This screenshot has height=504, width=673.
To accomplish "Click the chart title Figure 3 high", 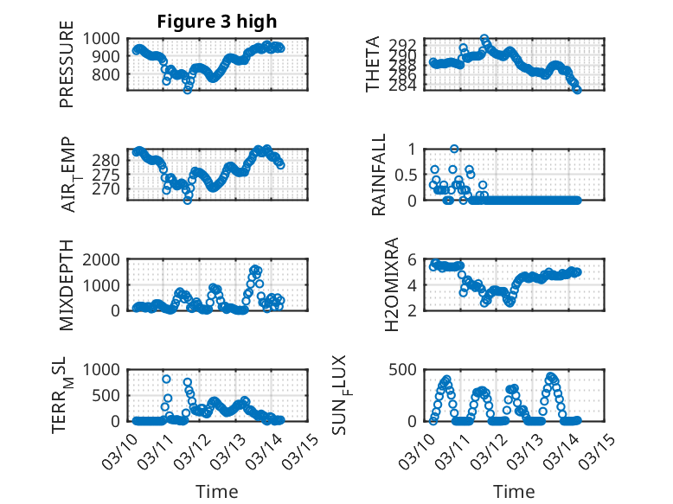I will pyautogui.click(x=217, y=22).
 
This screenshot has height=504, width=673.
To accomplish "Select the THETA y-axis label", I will pyautogui.click(x=373, y=64).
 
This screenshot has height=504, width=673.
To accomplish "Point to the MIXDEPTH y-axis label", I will pyautogui.click(x=67, y=286).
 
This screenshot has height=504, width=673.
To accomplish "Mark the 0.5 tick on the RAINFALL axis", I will pyautogui.click(x=407, y=175).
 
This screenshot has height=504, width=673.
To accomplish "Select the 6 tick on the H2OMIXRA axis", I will pyautogui.click(x=413, y=259).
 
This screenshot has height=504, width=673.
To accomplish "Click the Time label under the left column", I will pyautogui.click(x=217, y=491).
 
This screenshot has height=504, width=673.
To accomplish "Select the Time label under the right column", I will pyautogui.click(x=514, y=491).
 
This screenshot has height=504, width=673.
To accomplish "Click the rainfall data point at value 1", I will pyautogui.click(x=454, y=149).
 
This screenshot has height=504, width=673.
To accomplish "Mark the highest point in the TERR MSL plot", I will pyautogui.click(x=166, y=379).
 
